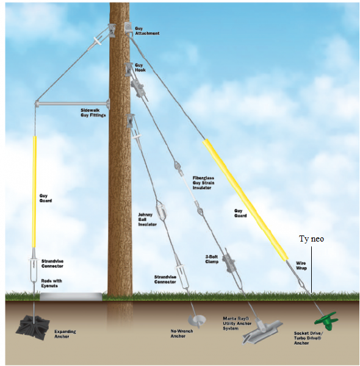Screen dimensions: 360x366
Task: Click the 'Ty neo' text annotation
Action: (311, 239)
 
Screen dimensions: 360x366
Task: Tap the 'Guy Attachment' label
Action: (147, 31)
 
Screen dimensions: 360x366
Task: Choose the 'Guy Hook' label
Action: (140, 68)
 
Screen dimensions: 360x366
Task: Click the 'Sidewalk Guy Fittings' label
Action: (93, 112)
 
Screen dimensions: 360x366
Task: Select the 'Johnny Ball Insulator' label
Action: (147, 220)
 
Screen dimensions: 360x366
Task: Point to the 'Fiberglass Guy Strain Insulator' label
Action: (203, 183)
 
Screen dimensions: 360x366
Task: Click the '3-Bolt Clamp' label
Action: (212, 259)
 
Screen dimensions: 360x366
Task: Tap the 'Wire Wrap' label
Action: (301, 265)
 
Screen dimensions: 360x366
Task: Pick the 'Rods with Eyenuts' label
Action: (52, 283)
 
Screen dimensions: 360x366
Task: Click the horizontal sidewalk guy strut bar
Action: (73, 104)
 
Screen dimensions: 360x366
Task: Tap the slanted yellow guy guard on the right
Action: (245, 200)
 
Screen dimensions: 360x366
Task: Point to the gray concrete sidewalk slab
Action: (71, 296)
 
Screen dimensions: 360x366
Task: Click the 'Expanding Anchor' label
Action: (65, 334)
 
